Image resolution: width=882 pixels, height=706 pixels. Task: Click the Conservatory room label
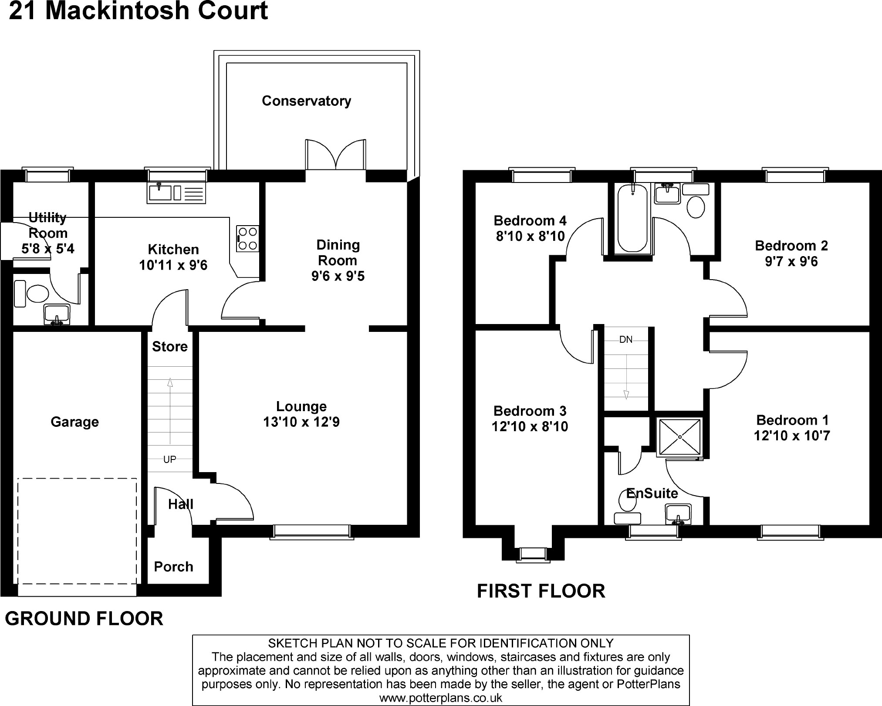[306, 101]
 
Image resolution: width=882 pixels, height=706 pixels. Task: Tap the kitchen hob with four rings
[247, 239]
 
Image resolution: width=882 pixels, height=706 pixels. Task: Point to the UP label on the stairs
[169, 459]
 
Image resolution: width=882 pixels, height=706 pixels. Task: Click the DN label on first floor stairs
[625, 340]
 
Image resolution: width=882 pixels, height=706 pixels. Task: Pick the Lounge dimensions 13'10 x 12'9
[301, 422]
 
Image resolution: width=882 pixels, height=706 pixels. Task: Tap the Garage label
[74, 422]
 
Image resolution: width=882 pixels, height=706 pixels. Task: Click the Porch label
[173, 567]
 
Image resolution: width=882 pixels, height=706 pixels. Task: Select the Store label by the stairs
[169, 347]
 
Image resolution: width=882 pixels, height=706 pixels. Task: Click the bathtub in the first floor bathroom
[632, 218]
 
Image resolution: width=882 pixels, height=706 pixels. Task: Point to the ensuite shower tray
[679, 437]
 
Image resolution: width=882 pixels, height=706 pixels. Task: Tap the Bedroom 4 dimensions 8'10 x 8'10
[530, 236]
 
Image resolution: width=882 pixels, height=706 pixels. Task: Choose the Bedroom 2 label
[791, 246]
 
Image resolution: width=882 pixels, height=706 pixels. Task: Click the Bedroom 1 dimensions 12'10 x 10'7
[792, 436]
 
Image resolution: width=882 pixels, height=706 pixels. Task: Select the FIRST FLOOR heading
[541, 591]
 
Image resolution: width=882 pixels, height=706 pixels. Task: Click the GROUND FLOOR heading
[84, 619]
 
